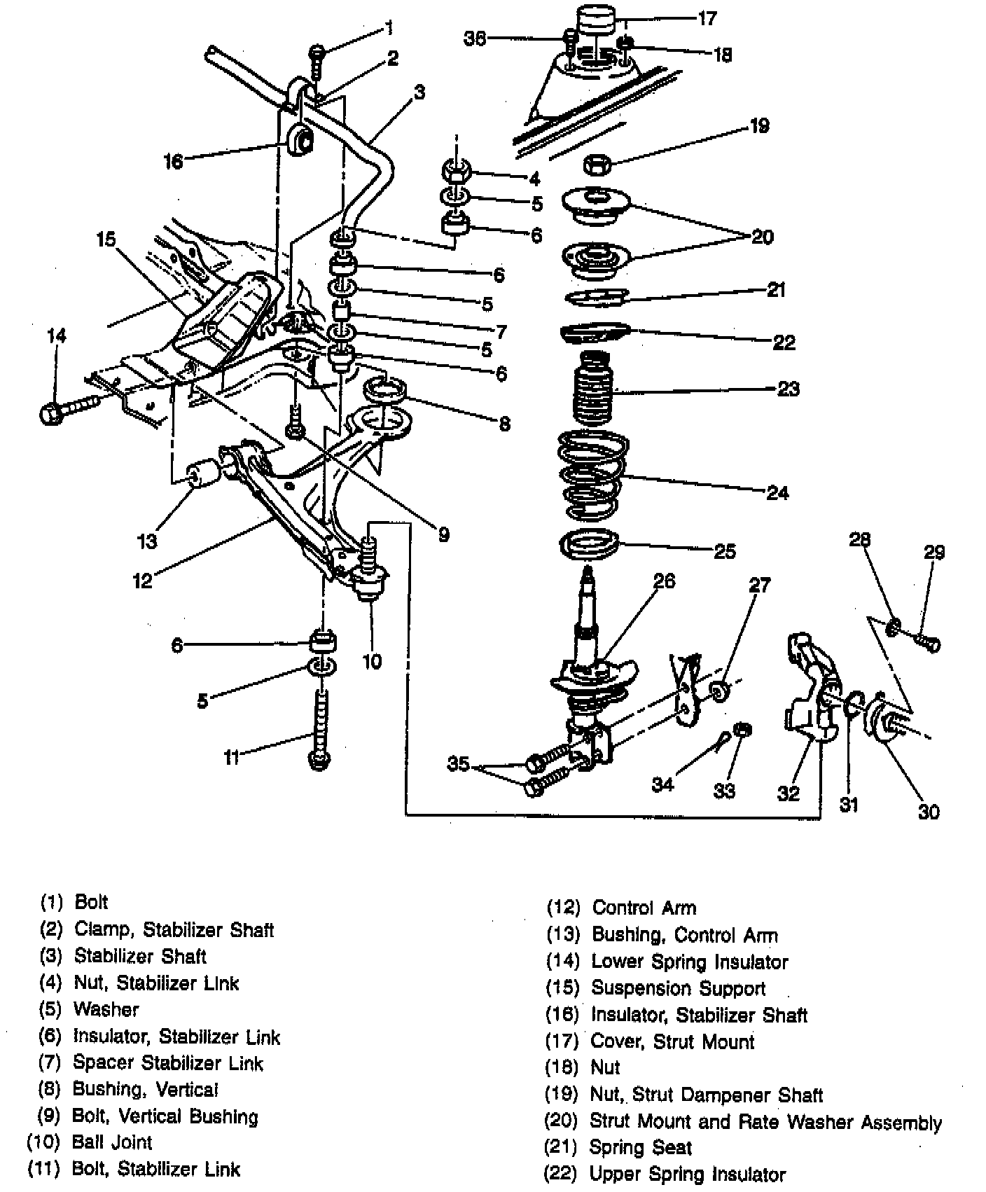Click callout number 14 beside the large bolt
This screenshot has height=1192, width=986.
[57, 337]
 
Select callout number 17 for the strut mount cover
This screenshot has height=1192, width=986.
[707, 18]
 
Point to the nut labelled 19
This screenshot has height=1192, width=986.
[597, 166]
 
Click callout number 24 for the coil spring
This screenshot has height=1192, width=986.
[777, 493]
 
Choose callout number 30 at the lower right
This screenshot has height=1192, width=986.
[929, 812]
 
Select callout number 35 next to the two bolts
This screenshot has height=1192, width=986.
[458, 763]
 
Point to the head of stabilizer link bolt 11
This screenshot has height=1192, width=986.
[319, 760]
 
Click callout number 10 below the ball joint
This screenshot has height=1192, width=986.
[372, 661]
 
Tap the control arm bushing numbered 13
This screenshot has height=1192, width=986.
[205, 473]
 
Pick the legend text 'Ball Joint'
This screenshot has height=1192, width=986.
[112, 1142]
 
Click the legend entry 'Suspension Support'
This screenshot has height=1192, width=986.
[678, 988]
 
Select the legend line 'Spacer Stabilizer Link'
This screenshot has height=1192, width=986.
[168, 1063]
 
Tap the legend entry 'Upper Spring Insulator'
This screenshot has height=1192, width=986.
[688, 1174]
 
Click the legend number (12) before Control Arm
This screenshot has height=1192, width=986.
[563, 908]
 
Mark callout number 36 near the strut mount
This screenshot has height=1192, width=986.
[475, 39]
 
